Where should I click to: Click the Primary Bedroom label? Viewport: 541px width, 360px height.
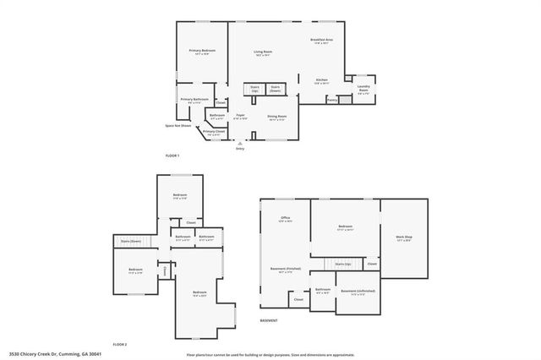(202, 52)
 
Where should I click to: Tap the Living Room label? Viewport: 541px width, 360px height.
(263, 53)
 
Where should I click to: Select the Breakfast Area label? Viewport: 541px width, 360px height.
(321, 41)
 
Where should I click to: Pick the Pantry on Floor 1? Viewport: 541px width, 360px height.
(332, 100)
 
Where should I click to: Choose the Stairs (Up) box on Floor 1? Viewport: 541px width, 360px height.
(254, 89)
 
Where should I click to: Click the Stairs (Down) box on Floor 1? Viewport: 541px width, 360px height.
(275, 89)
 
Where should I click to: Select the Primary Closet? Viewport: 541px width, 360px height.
(214, 133)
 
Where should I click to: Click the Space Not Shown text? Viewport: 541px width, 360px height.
(177, 127)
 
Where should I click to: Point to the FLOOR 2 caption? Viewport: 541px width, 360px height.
(119, 344)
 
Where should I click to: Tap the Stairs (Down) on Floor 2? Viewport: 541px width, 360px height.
(129, 241)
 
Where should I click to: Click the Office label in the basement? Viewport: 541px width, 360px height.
(286, 220)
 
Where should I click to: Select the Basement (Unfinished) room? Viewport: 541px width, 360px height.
(358, 292)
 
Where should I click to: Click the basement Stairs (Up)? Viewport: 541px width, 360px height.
(342, 265)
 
